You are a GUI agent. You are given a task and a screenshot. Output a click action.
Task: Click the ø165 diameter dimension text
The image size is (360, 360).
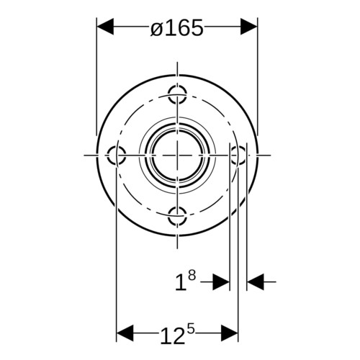click(177, 28)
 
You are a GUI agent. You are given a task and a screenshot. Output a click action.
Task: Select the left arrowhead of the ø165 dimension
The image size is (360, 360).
click(105, 27)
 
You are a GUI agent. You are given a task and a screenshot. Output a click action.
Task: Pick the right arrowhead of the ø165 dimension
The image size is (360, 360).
click(249, 27)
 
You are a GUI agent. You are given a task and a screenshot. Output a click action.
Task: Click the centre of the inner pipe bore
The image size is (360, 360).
click(177, 156)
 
